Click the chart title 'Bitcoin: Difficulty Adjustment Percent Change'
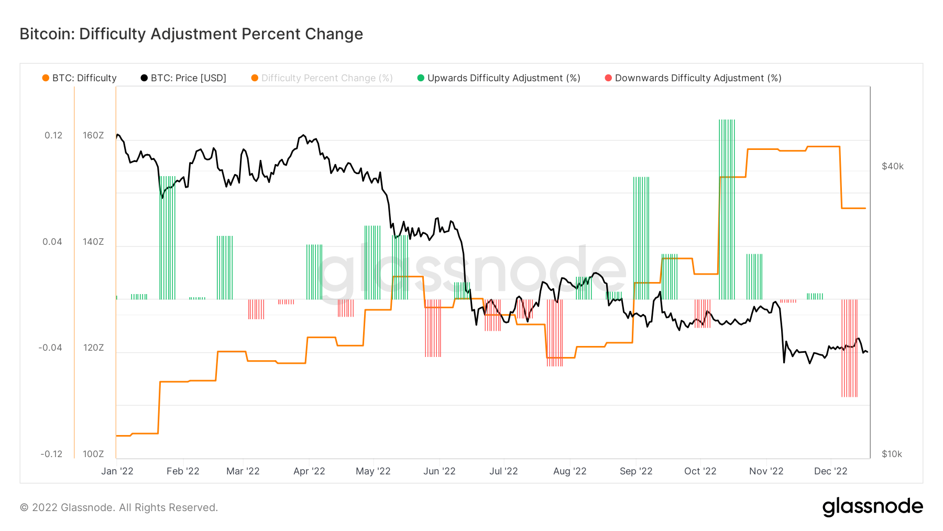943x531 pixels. tap(191, 34)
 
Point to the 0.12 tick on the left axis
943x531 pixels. tap(53, 135)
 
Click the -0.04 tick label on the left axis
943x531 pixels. tap(51, 348)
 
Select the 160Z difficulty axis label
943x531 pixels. tap(93, 135)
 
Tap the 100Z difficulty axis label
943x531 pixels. tap(93, 454)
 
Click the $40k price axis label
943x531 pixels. tap(893, 166)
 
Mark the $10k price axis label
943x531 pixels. tap(892, 454)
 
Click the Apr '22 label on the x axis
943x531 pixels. tap(309, 471)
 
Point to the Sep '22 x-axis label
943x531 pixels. tap(636, 471)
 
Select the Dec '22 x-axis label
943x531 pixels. tap(830, 471)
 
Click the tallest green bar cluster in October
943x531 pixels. tap(727, 210)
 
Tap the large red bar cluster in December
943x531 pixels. tap(849, 348)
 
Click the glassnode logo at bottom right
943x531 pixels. tap(872, 507)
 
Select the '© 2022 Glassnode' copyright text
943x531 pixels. tap(119, 507)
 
